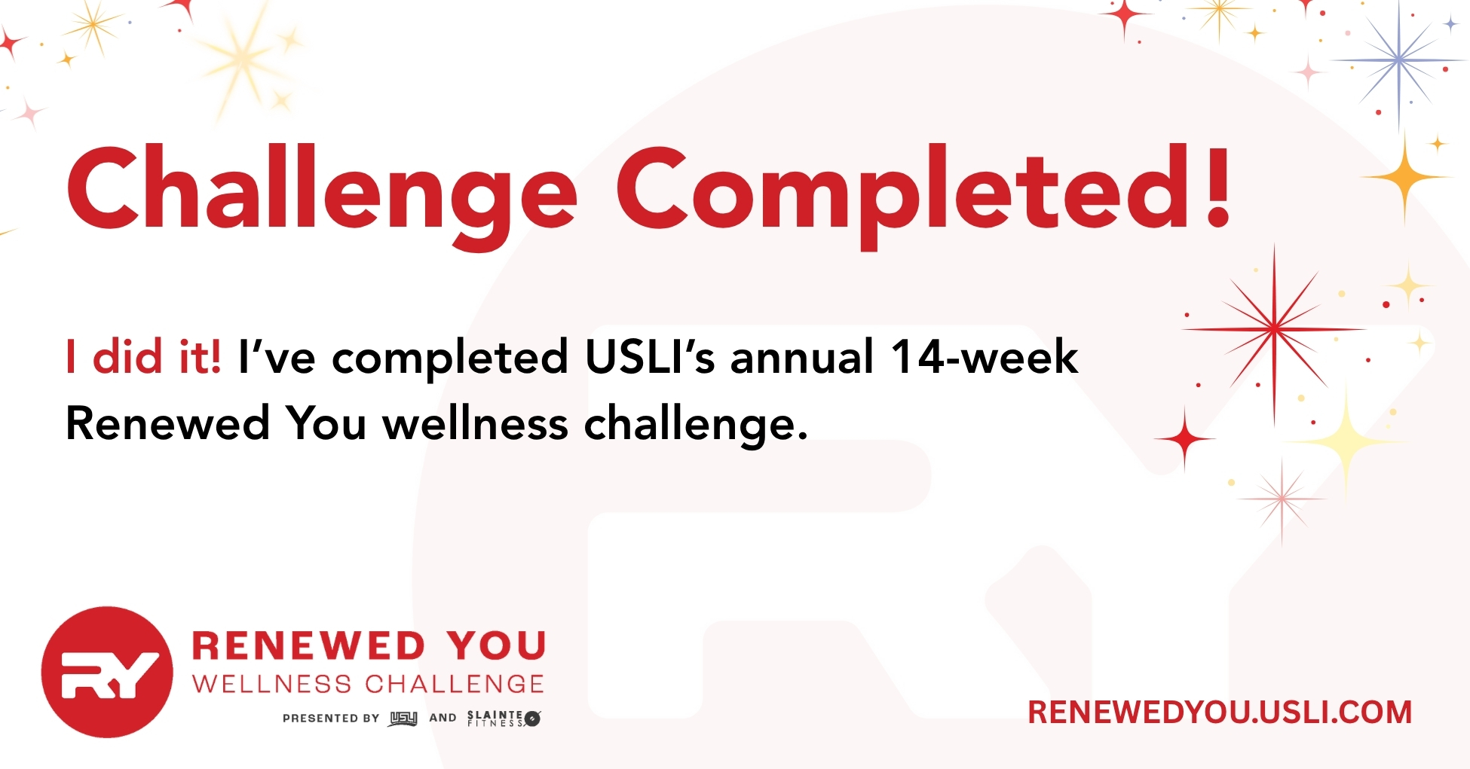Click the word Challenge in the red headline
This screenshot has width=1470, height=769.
[x=322, y=194]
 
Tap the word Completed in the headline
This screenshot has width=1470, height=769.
[x=904, y=194]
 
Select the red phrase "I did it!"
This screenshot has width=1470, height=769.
[x=143, y=356]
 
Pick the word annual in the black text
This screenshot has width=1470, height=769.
[x=802, y=356]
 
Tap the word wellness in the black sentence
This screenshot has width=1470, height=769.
[x=476, y=423]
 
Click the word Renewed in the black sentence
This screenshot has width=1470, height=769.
[x=167, y=423]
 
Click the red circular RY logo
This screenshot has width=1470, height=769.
[x=107, y=672]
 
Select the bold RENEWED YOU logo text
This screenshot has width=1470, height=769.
[x=369, y=646]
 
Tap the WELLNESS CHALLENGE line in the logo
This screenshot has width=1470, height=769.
[x=369, y=684]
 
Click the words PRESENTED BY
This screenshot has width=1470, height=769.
[x=331, y=719]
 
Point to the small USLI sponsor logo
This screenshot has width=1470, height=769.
[x=403, y=719]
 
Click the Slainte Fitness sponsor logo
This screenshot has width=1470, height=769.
[x=504, y=719]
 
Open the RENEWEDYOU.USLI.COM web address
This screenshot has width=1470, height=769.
[x=1220, y=713]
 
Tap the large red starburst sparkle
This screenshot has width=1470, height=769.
[x=1274, y=329]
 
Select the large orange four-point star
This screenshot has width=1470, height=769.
[x=1404, y=178]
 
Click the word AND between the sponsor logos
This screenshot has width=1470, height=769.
[x=443, y=719]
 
